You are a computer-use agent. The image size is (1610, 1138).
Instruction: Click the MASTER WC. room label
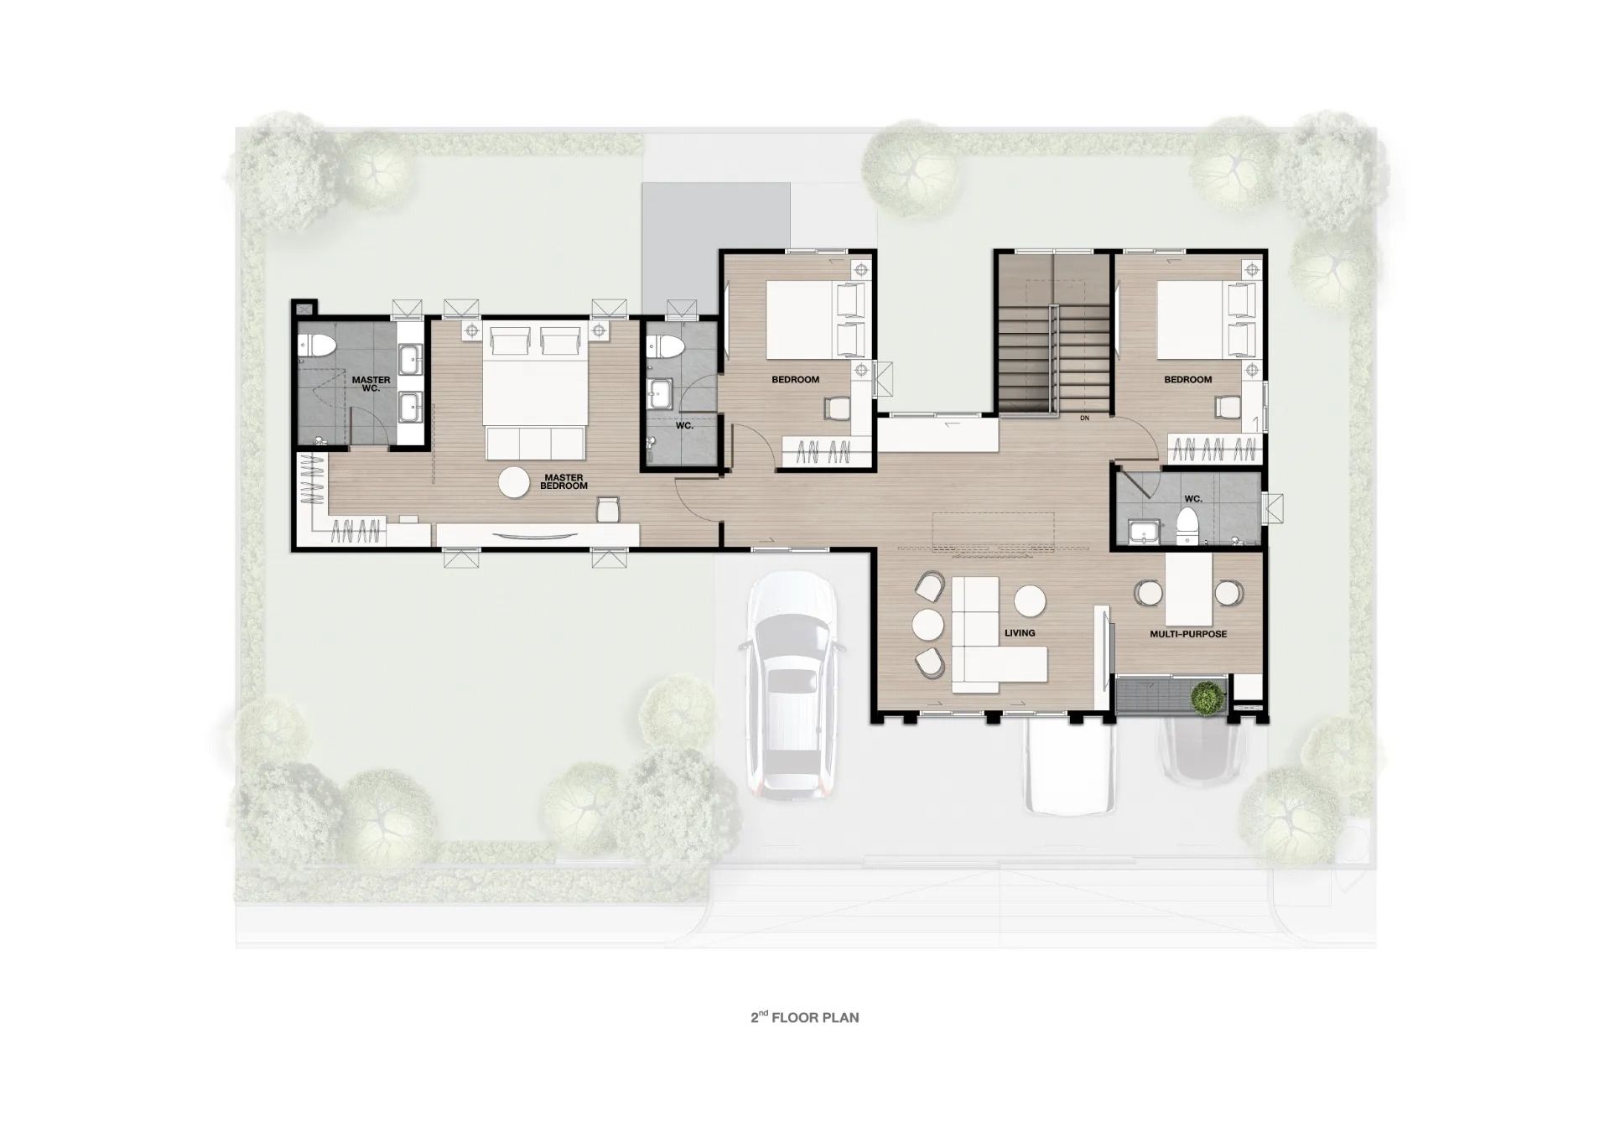pyautogui.click(x=371, y=384)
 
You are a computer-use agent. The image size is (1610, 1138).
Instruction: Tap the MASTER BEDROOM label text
pyautogui.click(x=563, y=481)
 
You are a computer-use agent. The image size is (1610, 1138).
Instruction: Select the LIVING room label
pyautogui.click(x=1020, y=632)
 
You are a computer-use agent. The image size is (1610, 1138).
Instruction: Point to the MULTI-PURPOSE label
pyautogui.click(x=1188, y=634)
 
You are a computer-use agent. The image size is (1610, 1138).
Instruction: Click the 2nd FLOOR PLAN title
pyautogui.click(x=804, y=1017)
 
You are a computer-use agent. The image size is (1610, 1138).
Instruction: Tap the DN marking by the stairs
pyautogui.click(x=1084, y=418)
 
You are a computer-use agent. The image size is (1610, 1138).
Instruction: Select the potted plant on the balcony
pyautogui.click(x=1207, y=699)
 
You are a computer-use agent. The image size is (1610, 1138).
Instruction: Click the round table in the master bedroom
pyautogui.click(x=514, y=482)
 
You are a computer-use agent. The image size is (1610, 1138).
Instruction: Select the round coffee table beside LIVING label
pyautogui.click(x=1030, y=601)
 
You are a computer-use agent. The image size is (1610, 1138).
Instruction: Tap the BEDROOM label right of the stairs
pyautogui.click(x=1187, y=380)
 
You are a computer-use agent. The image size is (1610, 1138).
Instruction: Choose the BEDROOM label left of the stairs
pyautogui.click(x=795, y=380)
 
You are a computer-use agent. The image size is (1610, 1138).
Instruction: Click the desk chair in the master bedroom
pyautogui.click(x=608, y=508)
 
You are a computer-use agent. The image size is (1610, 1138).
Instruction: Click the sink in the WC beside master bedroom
pyautogui.click(x=662, y=392)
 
